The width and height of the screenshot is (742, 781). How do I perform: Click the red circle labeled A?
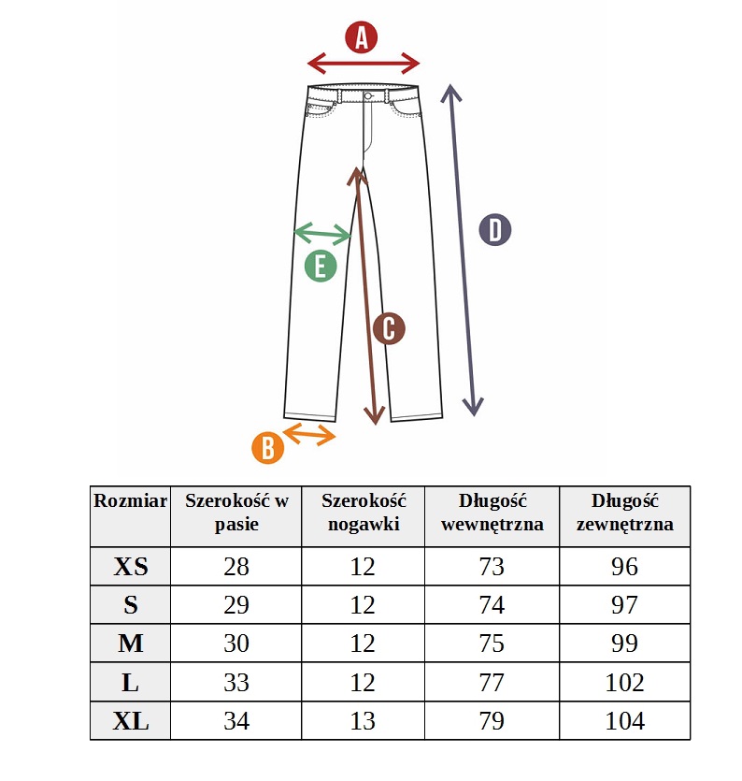[362, 37]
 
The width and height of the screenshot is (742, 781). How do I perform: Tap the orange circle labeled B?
[268, 447]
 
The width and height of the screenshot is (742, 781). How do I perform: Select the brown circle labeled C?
[389, 328]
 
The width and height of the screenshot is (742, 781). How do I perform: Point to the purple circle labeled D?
[494, 229]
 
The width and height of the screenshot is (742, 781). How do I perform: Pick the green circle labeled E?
[321, 266]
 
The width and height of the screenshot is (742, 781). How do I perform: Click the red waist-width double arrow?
[364, 64]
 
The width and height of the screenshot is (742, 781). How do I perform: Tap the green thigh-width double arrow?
[323, 234]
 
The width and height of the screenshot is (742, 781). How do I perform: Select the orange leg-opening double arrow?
[309, 434]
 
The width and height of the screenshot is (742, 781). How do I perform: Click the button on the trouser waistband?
[368, 95]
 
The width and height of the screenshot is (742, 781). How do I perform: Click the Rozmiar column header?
[131, 500]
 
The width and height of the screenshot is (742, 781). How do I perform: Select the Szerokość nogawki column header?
[364, 512]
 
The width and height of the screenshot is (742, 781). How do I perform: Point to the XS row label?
[131, 566]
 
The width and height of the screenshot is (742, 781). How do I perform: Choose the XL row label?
[131, 721]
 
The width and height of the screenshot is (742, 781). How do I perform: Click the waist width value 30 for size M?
[235, 643]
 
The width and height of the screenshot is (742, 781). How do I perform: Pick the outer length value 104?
[624, 721]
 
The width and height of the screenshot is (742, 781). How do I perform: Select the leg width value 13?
[363, 721]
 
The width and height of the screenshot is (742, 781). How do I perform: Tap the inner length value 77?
[492, 682]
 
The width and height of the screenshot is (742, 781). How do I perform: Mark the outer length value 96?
[624, 566]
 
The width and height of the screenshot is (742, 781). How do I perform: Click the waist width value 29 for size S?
[235, 604]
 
